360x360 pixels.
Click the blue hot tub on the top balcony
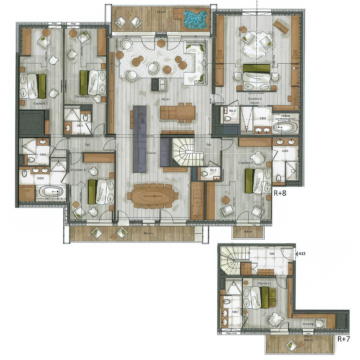coord(196,19)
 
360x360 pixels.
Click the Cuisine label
coord(151,153)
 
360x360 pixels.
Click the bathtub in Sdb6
coord(285,127)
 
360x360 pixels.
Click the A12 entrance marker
coord(302,254)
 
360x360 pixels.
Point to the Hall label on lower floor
coord(272,253)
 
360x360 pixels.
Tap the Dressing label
coord(308,324)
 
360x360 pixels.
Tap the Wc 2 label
coord(232,111)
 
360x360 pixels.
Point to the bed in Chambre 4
coord(101,192)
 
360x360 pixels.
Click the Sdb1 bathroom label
coord(235,312)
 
